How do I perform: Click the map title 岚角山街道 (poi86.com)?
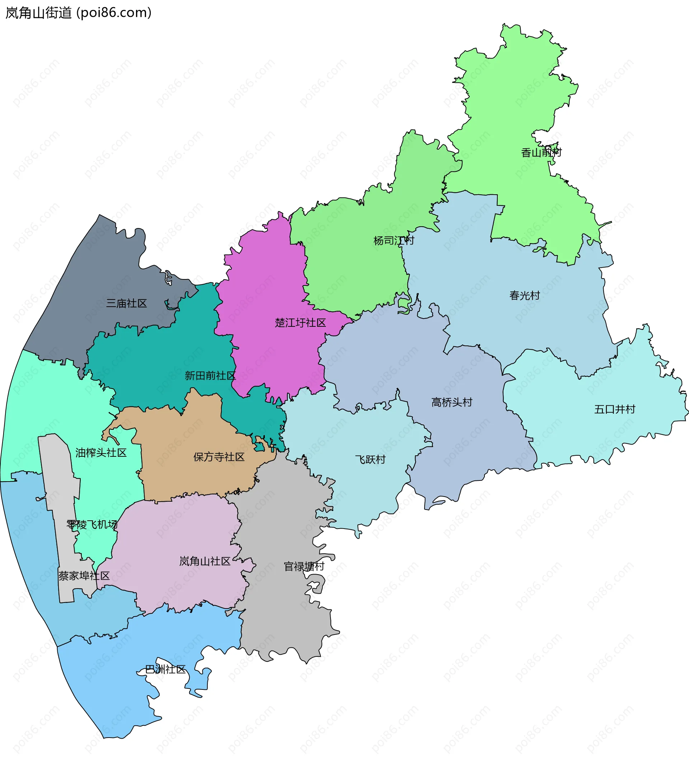click(x=78, y=13)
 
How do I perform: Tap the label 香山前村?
click(x=541, y=153)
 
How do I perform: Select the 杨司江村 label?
click(x=394, y=240)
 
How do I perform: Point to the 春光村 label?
click(x=524, y=295)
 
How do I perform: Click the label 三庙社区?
click(x=126, y=303)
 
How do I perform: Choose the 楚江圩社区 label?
click(x=300, y=323)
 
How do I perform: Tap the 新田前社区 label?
click(x=210, y=375)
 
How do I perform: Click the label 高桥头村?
click(x=452, y=402)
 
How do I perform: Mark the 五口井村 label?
click(x=615, y=409)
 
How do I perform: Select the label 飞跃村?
click(x=370, y=459)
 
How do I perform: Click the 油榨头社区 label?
click(x=101, y=452)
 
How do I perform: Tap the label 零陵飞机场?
click(x=92, y=524)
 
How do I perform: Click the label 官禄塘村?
click(x=304, y=566)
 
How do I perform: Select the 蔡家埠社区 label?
click(x=84, y=576)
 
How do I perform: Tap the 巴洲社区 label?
click(x=165, y=669)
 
